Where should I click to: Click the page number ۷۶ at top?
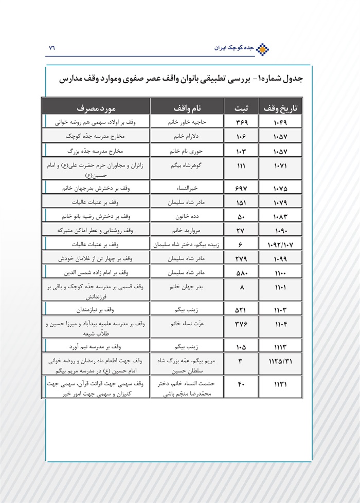click(x=51, y=48)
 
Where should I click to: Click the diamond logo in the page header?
click(x=263, y=48)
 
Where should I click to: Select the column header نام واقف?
click(x=187, y=108)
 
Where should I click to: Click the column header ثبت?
click(x=241, y=108)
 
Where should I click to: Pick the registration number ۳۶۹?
click(x=241, y=123)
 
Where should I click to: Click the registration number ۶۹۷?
click(x=241, y=189)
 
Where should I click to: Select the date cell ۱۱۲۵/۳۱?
click(x=282, y=361)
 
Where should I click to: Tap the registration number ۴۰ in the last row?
click(x=241, y=383)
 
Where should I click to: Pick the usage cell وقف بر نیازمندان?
click(x=96, y=309)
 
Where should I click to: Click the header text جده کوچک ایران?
click(x=235, y=48)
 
